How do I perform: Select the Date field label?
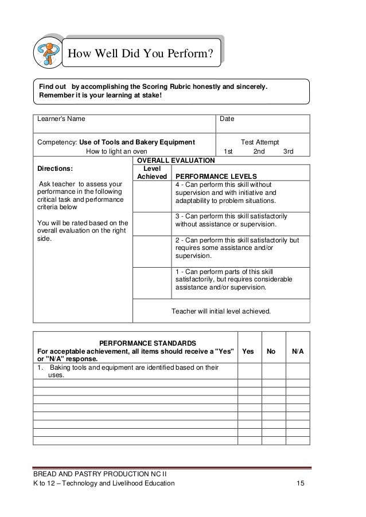coord(228,119)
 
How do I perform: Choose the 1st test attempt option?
coord(228,151)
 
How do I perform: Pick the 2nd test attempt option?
coord(259,151)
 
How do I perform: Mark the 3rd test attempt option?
coord(289,151)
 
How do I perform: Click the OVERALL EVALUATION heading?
coord(174,160)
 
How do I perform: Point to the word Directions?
coord(54,170)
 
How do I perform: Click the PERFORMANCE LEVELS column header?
coord(216,176)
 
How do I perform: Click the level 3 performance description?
coord(231,221)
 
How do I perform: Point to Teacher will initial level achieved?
coord(221,312)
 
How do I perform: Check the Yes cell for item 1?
coord(250,371)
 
